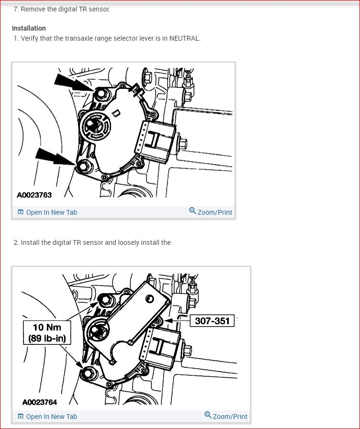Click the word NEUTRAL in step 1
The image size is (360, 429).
click(185, 38)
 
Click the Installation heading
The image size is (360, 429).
click(29, 28)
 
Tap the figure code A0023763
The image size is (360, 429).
click(34, 195)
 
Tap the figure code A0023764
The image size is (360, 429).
click(40, 402)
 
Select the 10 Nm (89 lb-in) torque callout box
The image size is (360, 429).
click(46, 332)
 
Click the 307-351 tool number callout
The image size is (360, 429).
click(212, 321)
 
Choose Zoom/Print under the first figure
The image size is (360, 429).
click(214, 212)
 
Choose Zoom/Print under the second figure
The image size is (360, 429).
click(230, 417)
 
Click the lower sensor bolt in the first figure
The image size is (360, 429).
click(85, 165)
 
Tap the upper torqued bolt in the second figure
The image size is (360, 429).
click(105, 300)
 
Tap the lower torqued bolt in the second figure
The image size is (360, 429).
click(88, 374)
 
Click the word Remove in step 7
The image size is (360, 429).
click(32, 9)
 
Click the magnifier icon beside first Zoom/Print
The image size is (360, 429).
click(192, 211)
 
